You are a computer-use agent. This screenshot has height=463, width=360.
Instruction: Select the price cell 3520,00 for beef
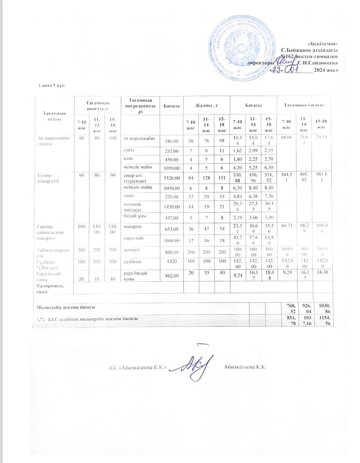pyautogui.click(x=172, y=178)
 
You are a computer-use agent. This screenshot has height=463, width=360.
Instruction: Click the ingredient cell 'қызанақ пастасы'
pyautogui.click(x=132, y=207)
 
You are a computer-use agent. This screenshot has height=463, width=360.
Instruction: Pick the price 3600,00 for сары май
pyautogui.click(x=172, y=240)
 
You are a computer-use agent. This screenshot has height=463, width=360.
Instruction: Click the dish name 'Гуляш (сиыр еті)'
pyautogui.click(x=48, y=178)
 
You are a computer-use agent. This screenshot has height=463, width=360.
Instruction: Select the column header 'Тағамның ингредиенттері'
pyautogui.click(x=140, y=106)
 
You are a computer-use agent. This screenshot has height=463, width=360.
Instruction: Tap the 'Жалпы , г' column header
pyautogui.click(x=206, y=106)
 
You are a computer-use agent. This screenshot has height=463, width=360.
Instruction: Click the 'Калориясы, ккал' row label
pyautogui.click(x=50, y=288)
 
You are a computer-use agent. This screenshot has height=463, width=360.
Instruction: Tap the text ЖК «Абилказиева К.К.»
pyautogui.click(x=137, y=367)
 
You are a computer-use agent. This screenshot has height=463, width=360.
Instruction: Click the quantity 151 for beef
pyautogui.click(x=222, y=178)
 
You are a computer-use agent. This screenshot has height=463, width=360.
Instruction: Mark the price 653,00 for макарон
pyautogui.click(x=172, y=229)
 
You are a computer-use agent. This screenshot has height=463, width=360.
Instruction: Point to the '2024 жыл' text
pyautogui.click(x=325, y=70)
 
